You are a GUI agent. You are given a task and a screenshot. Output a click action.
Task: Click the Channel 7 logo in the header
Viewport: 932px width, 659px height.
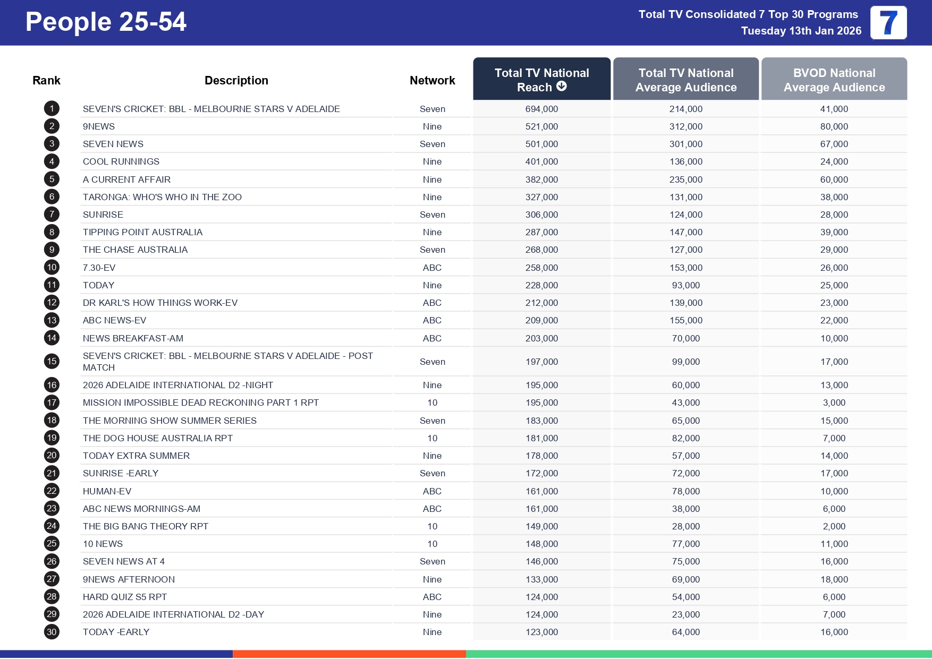tap(888, 23)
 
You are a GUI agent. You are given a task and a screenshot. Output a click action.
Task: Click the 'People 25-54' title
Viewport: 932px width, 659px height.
tap(106, 22)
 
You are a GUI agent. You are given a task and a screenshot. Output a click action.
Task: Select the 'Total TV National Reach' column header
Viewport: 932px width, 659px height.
tap(541, 80)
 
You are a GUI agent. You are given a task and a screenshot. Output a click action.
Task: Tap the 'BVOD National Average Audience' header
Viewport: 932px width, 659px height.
tap(834, 80)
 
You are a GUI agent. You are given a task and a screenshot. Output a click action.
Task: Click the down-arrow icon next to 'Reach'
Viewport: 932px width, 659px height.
tap(562, 86)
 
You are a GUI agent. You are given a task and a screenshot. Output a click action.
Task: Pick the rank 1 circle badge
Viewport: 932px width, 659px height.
tap(52, 109)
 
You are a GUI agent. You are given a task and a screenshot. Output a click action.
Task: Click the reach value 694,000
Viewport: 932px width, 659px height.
tap(541, 109)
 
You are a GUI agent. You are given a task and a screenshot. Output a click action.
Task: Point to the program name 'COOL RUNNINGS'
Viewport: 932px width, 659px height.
tap(121, 161)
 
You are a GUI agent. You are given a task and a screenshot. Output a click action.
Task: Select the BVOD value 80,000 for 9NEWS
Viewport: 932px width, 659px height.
tap(834, 126)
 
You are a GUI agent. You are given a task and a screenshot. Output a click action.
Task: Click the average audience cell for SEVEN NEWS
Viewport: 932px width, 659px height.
tap(685, 144)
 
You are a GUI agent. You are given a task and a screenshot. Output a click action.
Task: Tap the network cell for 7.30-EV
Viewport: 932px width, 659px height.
tap(432, 268)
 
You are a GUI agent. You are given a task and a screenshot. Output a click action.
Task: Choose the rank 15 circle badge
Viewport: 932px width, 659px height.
tap(52, 362)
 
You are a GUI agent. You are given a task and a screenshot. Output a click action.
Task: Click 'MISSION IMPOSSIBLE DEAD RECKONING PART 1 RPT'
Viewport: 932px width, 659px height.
tap(200, 403)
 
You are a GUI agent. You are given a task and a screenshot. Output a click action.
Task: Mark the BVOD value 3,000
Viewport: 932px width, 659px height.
tap(834, 403)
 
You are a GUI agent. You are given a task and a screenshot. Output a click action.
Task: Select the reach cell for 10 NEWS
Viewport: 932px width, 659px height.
tap(541, 544)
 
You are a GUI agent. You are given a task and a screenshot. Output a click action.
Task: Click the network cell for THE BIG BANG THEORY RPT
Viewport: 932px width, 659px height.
tap(432, 526)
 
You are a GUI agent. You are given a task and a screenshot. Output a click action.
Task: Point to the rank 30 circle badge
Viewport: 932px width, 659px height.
tap(52, 632)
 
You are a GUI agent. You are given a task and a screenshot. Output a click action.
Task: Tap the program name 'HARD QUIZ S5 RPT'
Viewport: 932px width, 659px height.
tap(125, 597)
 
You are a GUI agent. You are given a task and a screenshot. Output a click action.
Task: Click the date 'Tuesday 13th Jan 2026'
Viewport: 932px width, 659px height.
tap(801, 31)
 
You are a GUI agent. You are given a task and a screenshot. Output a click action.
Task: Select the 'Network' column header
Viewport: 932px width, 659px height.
tap(432, 80)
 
